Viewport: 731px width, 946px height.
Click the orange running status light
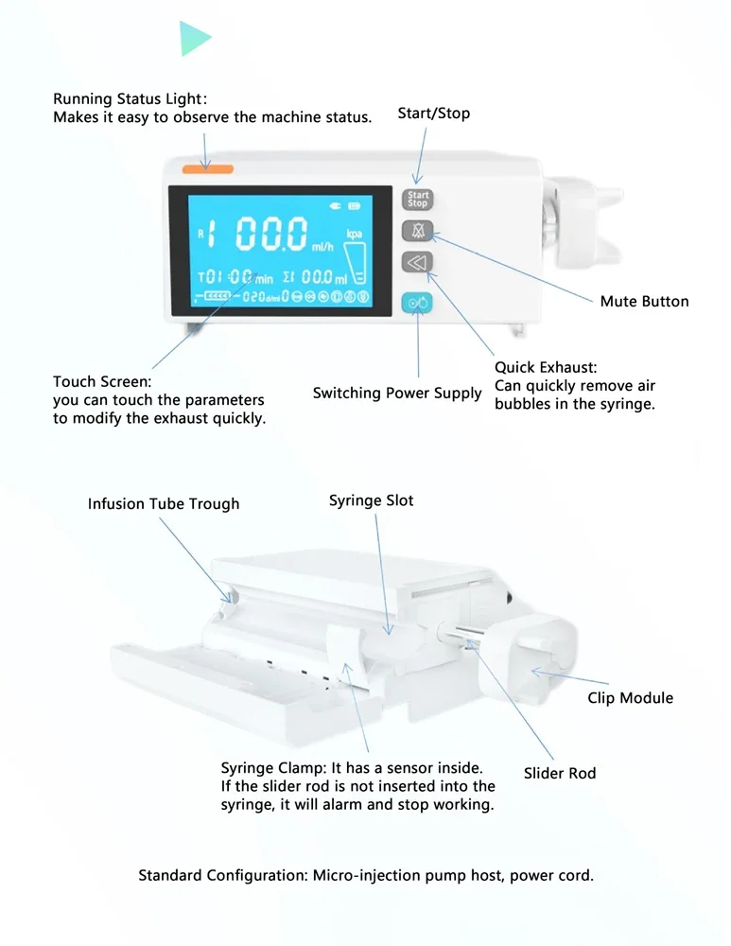coord(207,168)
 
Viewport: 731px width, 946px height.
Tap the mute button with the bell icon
coord(417,231)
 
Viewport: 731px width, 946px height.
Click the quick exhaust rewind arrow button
coord(417,262)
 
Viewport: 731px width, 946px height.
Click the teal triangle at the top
coord(194,38)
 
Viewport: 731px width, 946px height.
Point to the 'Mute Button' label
coord(644,302)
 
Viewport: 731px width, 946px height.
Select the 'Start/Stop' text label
coord(433,114)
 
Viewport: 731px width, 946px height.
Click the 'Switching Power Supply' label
coord(397,393)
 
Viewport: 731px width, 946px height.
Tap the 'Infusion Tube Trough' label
coord(164,504)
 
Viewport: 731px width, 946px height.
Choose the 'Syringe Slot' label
coord(371,500)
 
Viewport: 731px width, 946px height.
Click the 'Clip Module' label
coord(630,698)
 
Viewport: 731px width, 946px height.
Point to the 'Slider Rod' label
coord(560,774)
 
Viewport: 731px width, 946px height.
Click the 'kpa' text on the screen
coord(355,234)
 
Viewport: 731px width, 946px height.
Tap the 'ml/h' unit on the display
coord(323,249)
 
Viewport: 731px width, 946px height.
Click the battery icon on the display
coord(355,205)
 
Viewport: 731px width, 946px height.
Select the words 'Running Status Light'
coord(127,99)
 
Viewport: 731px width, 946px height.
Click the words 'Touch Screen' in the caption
coord(100,382)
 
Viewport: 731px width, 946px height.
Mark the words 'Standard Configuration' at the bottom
coord(221,875)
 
